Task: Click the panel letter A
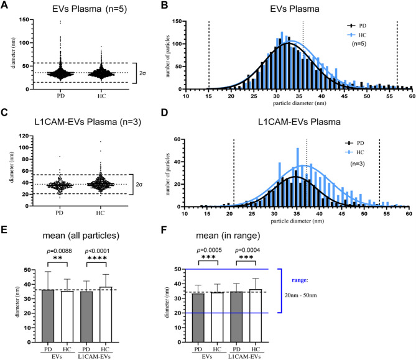(6, 6)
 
